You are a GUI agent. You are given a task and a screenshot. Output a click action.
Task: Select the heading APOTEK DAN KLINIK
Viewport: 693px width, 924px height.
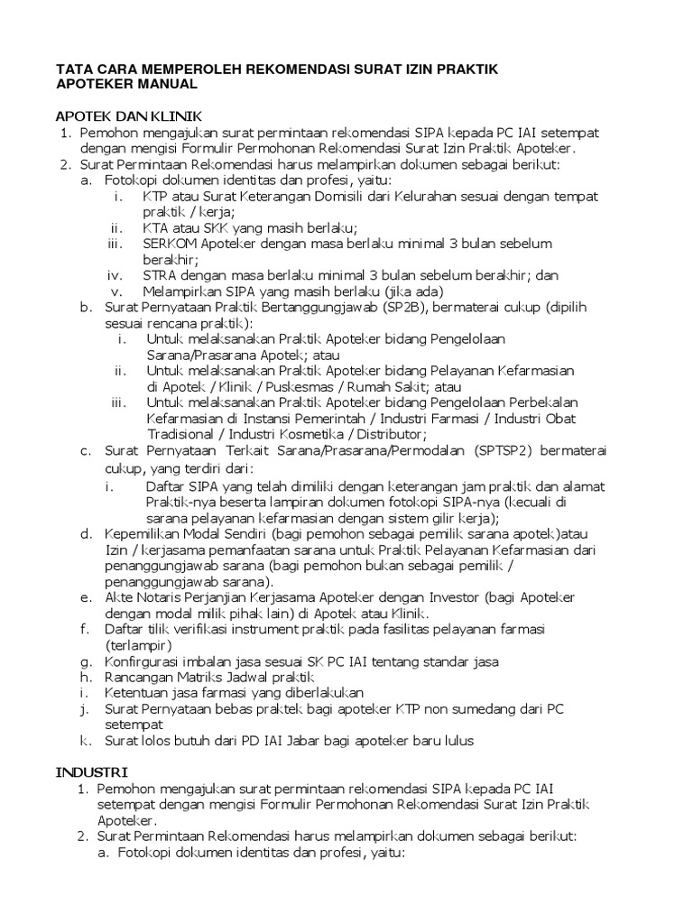[x=129, y=116]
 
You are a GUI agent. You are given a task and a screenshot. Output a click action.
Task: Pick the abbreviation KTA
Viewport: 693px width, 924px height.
[x=156, y=227]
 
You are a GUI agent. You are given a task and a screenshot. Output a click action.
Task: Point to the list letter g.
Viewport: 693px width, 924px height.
[x=85, y=661]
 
